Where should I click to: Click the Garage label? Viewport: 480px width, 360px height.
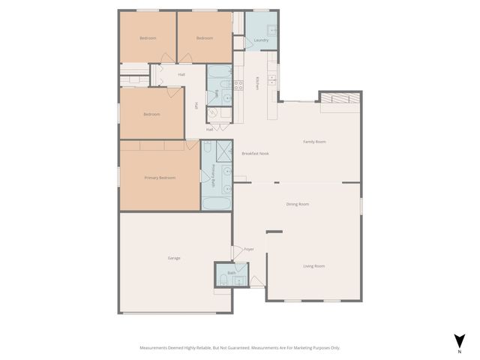coord(174,258)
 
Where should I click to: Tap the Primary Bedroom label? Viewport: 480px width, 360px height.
coord(160,178)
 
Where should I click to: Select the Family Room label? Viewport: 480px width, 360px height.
coord(314,142)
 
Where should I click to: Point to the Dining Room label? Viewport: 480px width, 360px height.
coord(298,204)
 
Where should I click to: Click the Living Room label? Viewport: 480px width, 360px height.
coord(313,266)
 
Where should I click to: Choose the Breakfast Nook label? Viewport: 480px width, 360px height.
coord(255,154)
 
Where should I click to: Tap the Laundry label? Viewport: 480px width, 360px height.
coord(261,40)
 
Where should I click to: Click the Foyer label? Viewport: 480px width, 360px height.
coord(248,249)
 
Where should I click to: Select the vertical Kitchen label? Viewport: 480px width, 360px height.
coord(257,82)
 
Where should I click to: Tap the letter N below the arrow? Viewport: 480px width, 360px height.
coord(459,350)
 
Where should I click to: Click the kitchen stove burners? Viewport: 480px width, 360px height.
coord(238,85)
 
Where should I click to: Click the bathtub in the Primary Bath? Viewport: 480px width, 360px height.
coord(216,203)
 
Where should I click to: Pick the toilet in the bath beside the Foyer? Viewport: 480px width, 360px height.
coord(224,280)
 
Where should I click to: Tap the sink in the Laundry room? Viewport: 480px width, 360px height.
coord(274,31)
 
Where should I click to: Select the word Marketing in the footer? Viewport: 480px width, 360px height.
coord(301,348)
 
